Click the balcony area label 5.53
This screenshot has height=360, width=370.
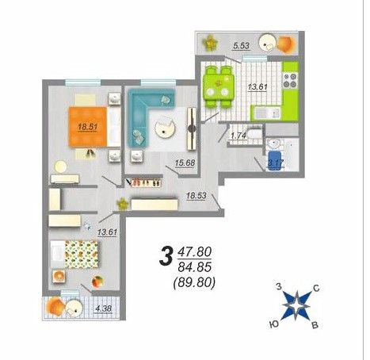pos(241,46)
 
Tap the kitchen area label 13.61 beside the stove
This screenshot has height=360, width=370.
pos(257,86)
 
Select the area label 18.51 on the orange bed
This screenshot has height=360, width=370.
pos(88,127)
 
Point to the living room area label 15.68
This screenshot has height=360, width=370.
pos(185,163)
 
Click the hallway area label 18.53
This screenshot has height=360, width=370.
pos(196,196)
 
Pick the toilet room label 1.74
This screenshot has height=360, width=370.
pos(238,136)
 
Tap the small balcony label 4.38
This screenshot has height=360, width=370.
pos(104,308)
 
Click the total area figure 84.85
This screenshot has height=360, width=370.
pos(195,267)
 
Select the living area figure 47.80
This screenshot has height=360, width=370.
pos(195,252)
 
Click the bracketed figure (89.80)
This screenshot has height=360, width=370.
pos(194,283)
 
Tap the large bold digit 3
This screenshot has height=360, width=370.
pos(166,255)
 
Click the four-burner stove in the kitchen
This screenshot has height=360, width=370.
pos(290,81)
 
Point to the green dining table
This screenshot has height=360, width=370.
pos(219,87)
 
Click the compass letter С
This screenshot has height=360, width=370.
pos(316,288)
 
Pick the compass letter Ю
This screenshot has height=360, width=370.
pos(275,324)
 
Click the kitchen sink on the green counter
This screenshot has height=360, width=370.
pos(266,113)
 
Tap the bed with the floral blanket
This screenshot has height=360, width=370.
pos(74,255)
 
